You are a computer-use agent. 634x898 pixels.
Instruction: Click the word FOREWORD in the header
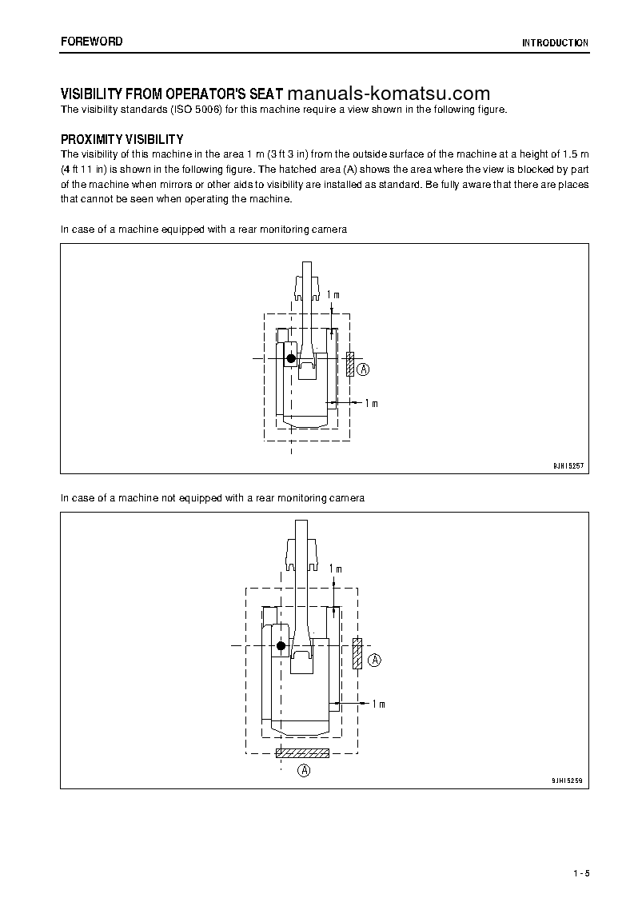(x=92, y=41)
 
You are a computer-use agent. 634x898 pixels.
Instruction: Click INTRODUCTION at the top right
(x=555, y=43)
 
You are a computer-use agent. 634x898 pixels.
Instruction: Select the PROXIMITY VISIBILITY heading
(x=122, y=139)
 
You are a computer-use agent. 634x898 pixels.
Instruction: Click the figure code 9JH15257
(x=568, y=465)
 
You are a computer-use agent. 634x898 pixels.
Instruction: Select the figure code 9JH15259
(x=568, y=779)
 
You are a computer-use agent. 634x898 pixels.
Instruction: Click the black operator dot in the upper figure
(x=291, y=359)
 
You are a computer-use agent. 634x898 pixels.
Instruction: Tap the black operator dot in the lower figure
(x=281, y=646)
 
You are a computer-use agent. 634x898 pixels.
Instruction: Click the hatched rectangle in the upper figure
(x=350, y=364)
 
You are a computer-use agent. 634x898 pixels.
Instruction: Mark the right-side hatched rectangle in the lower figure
(x=357, y=653)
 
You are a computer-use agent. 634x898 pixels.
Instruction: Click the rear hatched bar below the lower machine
(x=302, y=753)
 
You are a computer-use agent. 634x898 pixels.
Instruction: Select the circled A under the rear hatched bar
(x=304, y=771)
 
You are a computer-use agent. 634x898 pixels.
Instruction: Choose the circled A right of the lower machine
(x=375, y=660)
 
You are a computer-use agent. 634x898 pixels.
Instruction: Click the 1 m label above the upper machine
(x=333, y=295)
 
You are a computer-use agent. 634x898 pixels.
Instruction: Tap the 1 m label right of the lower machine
(x=378, y=704)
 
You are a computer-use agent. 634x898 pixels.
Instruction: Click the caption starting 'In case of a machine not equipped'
(x=213, y=498)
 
